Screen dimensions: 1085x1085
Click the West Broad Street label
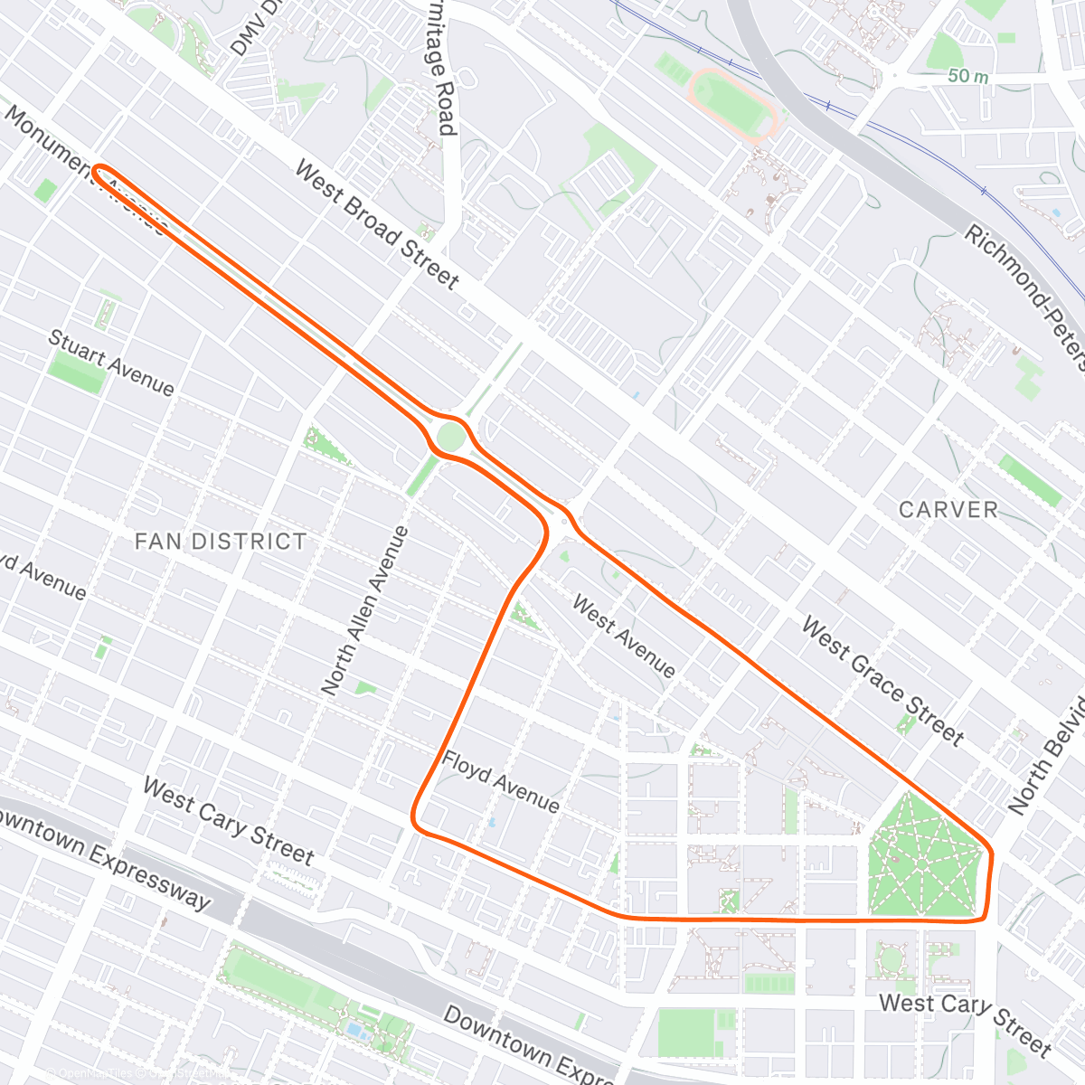click(377, 225)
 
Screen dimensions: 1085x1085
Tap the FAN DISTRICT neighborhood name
click(221, 542)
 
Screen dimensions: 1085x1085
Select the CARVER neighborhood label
click(948, 510)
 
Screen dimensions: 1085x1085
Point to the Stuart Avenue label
click(110, 363)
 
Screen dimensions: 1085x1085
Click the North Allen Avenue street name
click(365, 610)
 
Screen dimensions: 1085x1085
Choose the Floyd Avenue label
click(500, 780)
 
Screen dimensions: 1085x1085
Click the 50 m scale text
click(967, 77)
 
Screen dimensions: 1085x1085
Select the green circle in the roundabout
click(450, 438)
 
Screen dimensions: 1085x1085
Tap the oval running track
click(733, 102)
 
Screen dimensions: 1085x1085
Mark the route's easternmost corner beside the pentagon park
click(991, 854)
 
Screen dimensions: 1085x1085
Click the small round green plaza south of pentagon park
click(892, 958)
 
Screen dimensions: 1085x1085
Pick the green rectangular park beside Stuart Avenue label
click(76, 372)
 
